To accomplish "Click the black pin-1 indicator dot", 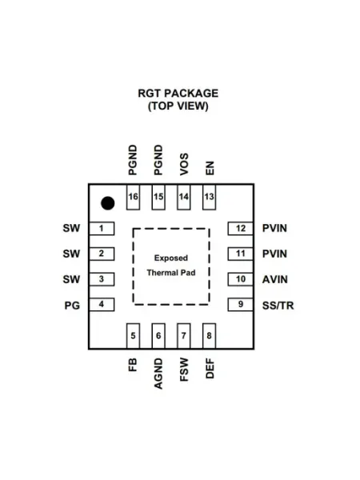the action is pos(108,203).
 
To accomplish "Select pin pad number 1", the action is pos(102,228).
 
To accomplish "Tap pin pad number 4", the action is pos(102,305).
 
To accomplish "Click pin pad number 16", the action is pos(133,197).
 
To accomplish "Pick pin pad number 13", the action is pos(209,197).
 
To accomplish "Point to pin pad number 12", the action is pos(240,228).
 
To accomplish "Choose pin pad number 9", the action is pos(240,305).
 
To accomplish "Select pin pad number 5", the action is pos(133,336).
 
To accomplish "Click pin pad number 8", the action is pos(209,336).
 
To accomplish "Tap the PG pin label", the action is pos(72,306).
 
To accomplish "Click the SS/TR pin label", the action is pos(278,306).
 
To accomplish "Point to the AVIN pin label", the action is pos(275,279).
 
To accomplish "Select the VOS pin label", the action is pos(184,164).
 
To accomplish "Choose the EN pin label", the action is pos(210,168).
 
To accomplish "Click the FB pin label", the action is pos(133,365).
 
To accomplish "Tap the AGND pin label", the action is pos(158,374).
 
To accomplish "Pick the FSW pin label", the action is pos(184,370).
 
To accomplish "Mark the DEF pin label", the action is pos(210,369).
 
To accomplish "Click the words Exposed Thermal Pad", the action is pos(171,266).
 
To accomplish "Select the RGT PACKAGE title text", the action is pos(178,94).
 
